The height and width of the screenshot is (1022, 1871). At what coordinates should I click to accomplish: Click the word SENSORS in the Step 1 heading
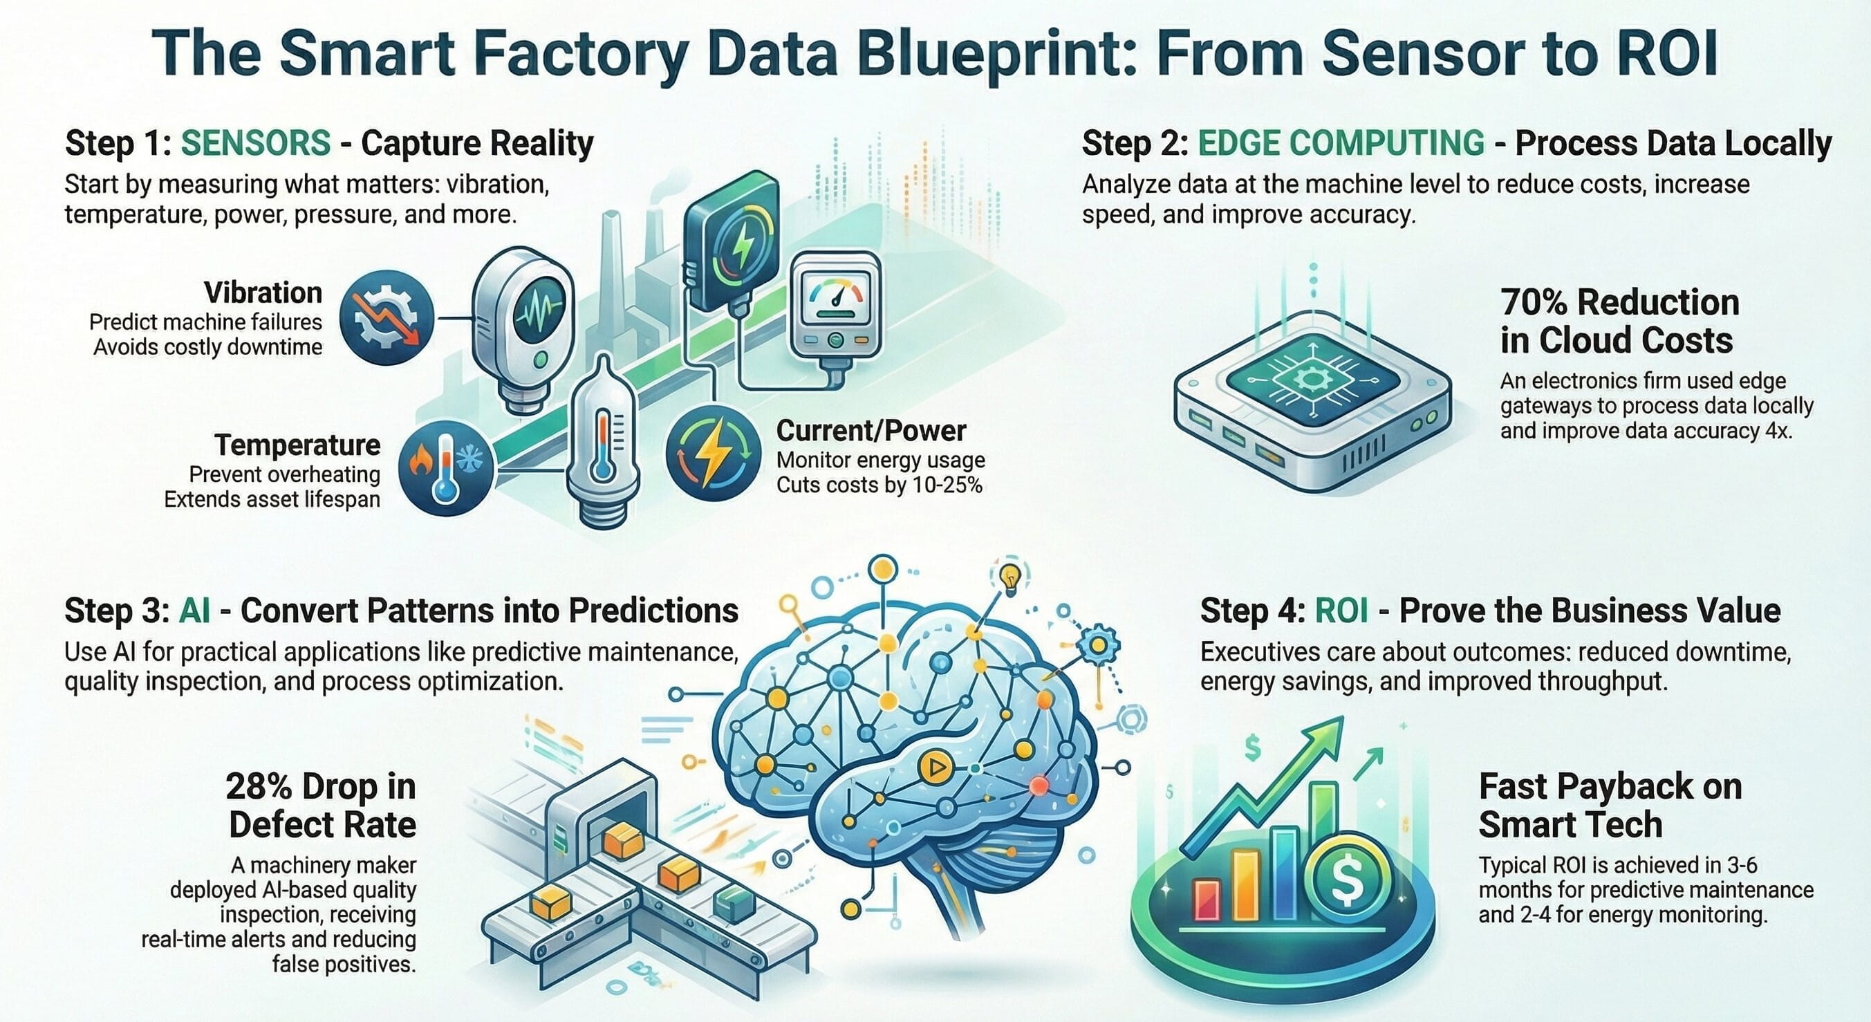click(x=255, y=143)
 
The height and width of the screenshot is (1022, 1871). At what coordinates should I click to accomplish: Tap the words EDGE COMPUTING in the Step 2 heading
click(x=1341, y=143)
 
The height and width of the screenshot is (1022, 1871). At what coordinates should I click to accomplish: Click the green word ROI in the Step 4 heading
click(x=1341, y=611)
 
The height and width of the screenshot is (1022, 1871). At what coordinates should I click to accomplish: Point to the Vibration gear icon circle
click(x=387, y=318)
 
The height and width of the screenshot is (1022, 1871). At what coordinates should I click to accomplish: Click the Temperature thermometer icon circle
click(x=446, y=470)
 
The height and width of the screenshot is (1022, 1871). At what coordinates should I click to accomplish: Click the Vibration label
click(x=263, y=292)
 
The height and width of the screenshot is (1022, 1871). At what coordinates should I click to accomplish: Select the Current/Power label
click(x=871, y=431)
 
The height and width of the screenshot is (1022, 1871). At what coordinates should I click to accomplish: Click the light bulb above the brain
click(x=1010, y=579)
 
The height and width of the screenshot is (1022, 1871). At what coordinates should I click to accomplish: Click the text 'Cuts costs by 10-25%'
click(x=879, y=485)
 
